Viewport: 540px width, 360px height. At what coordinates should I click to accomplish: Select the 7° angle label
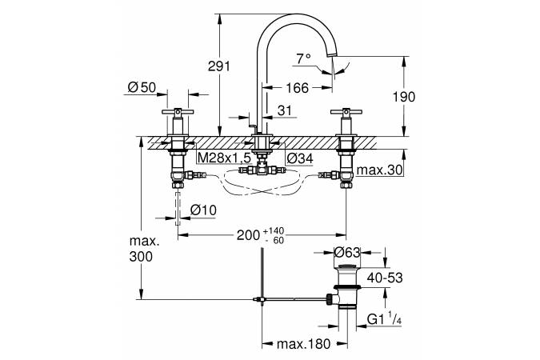302,58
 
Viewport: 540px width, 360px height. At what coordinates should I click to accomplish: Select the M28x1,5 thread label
218,158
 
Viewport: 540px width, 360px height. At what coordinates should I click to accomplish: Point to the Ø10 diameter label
204,210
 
